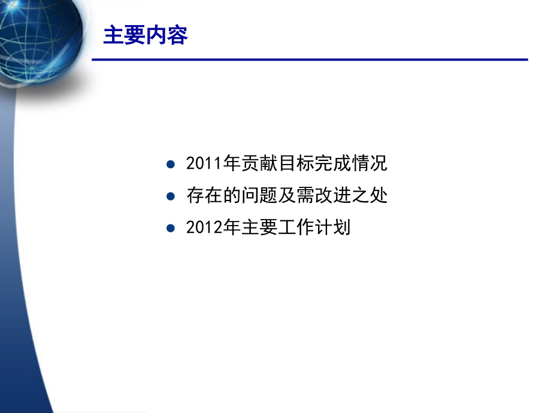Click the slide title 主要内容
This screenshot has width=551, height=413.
(146, 36)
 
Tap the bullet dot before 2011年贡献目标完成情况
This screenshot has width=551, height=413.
(171, 163)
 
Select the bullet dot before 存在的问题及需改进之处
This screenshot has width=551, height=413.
(171, 196)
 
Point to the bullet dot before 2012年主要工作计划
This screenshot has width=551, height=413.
(171, 228)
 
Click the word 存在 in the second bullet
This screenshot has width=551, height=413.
(203, 196)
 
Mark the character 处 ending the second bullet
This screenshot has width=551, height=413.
(380, 196)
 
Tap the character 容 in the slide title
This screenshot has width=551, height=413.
(177, 36)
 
